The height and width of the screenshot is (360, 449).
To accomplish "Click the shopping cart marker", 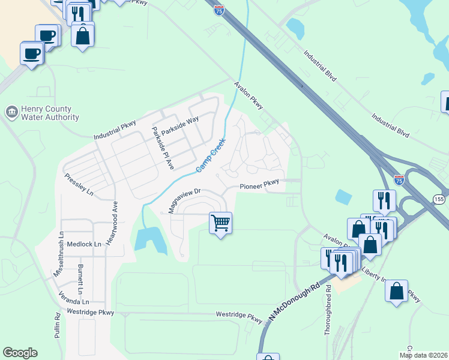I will click(x=220, y=223).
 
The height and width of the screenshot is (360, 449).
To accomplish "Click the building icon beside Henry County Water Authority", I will click(x=11, y=112).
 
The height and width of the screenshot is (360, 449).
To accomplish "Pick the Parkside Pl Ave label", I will click(x=162, y=148).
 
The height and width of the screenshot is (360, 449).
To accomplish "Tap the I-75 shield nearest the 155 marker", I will click(x=399, y=180).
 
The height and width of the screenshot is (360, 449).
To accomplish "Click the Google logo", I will click(x=20, y=353).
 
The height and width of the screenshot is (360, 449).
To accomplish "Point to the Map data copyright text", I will click(x=423, y=355).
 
